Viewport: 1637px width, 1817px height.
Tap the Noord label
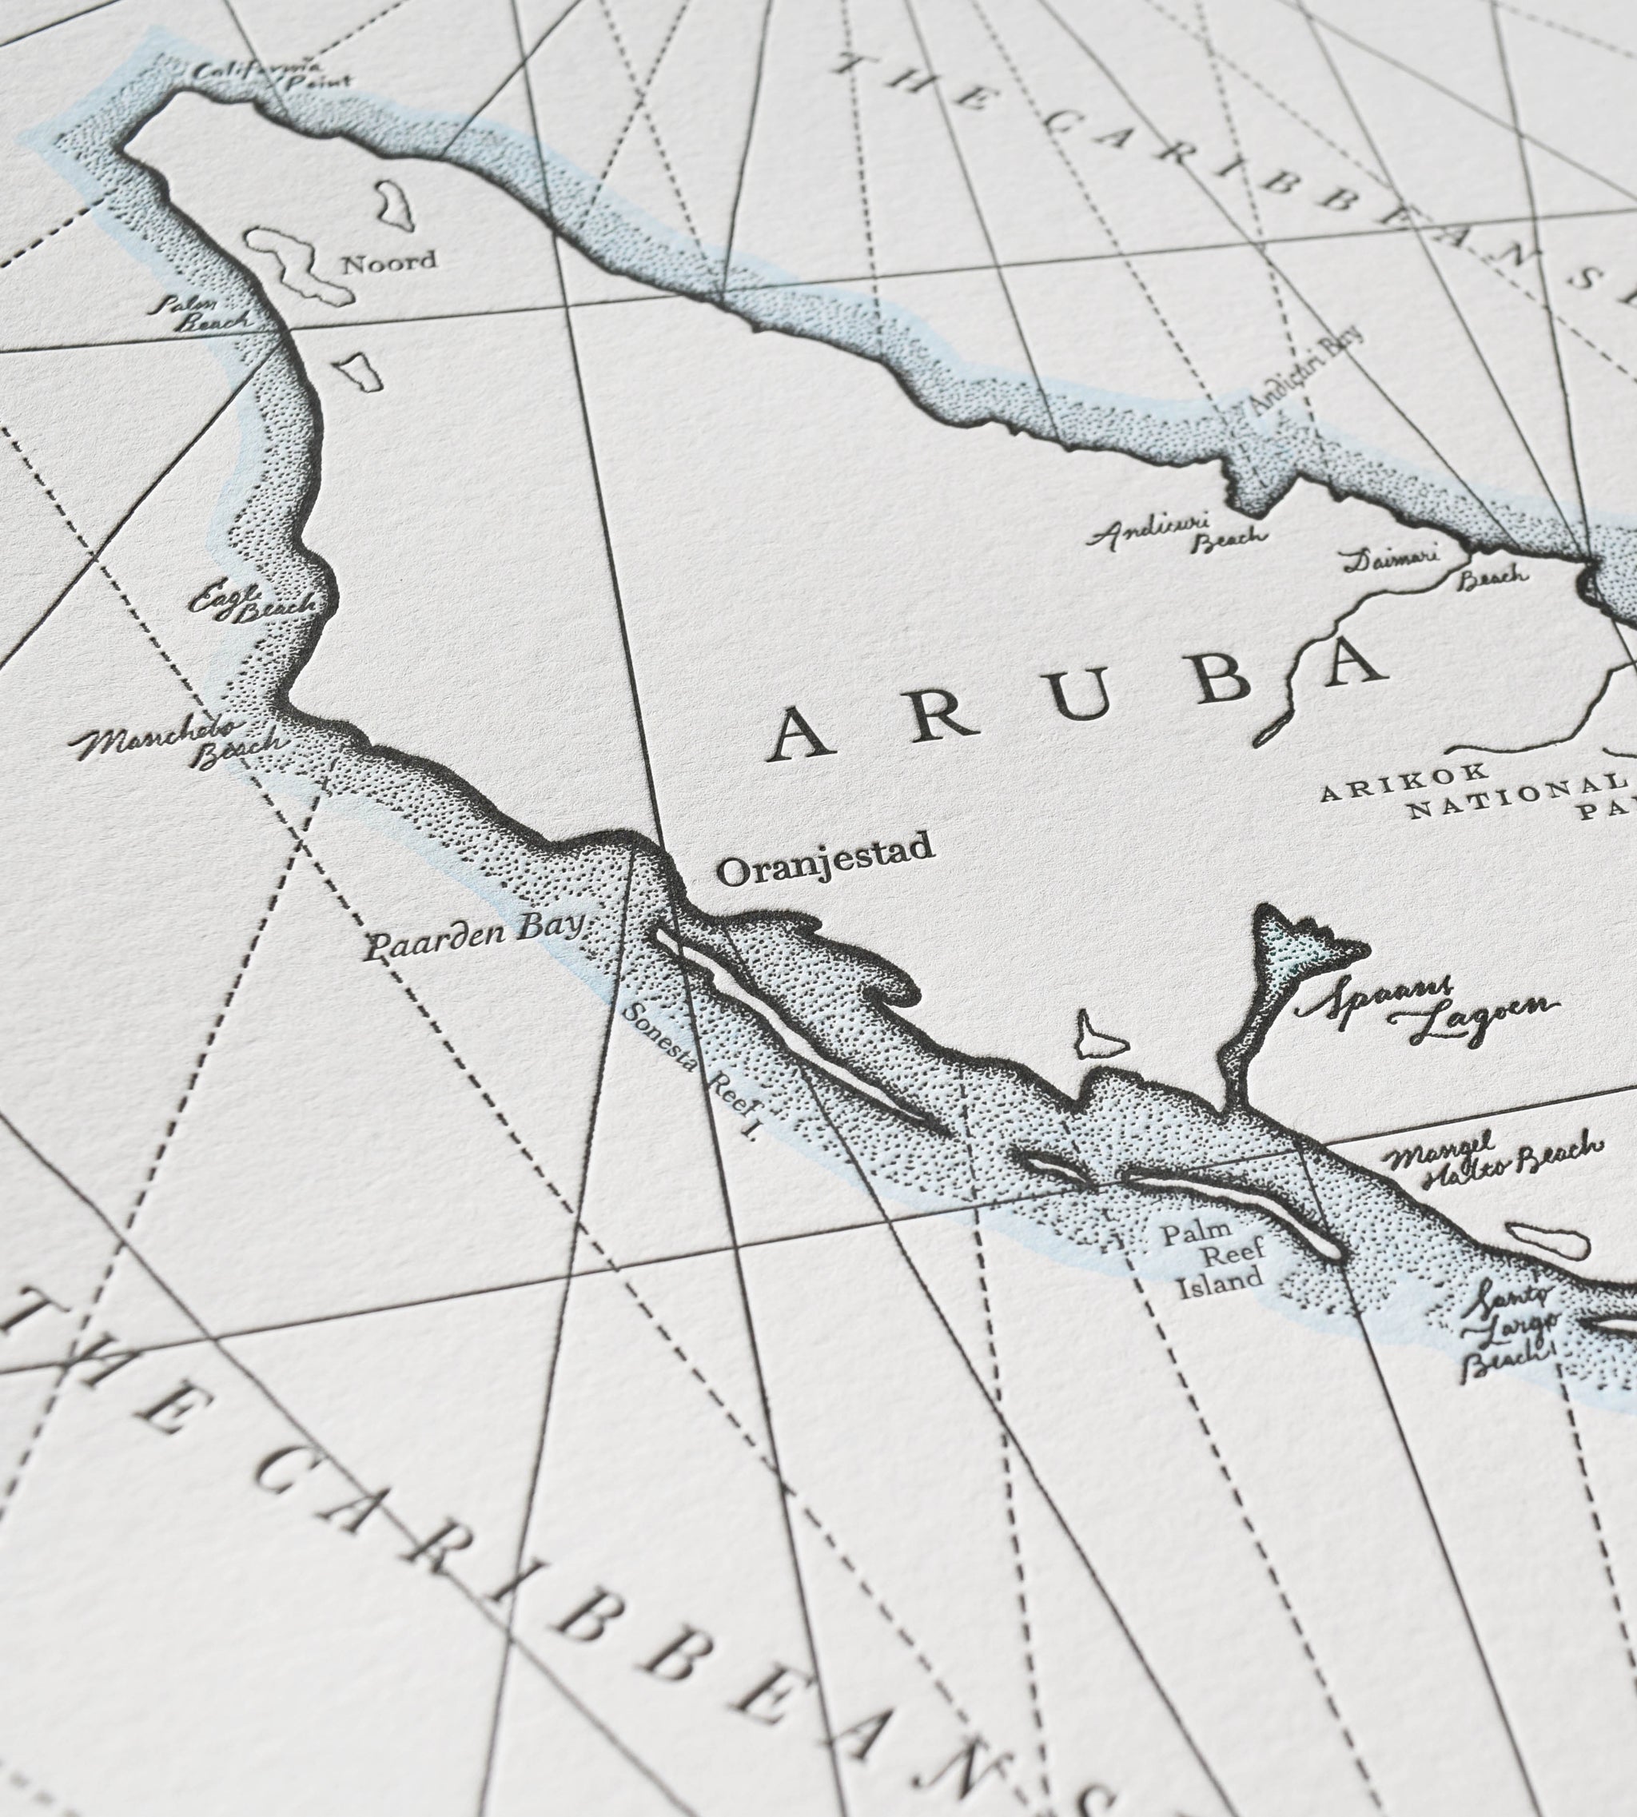(x=389, y=261)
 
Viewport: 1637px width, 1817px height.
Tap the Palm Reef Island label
(x=1213, y=1251)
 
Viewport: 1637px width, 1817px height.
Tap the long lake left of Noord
(x=293, y=265)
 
